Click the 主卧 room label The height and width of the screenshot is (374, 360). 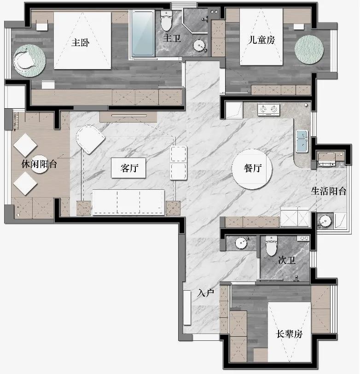click(x=81, y=43)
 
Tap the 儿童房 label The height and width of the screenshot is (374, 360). click(x=261, y=40)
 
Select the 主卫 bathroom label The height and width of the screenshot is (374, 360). click(x=172, y=38)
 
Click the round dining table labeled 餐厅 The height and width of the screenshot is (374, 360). click(x=252, y=169)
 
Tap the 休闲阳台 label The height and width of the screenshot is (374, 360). click(x=39, y=164)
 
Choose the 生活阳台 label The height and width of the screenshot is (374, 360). click(x=329, y=191)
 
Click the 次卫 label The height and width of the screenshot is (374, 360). click(x=286, y=260)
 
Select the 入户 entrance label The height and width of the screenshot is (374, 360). click(x=206, y=292)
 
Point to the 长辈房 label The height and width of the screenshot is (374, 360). click(x=289, y=334)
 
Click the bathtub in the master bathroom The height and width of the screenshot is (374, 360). click(x=143, y=33)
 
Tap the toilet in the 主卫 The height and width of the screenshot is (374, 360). click(x=166, y=21)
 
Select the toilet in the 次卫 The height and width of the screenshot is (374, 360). click(x=271, y=246)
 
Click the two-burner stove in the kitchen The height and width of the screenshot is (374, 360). click(x=268, y=110)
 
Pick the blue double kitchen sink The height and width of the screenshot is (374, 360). click(x=302, y=141)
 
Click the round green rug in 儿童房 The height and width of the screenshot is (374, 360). click(x=309, y=50)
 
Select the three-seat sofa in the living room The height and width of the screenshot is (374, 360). click(x=128, y=202)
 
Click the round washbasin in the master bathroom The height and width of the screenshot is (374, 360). click(x=199, y=46)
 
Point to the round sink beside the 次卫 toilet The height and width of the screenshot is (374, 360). click(x=242, y=243)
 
